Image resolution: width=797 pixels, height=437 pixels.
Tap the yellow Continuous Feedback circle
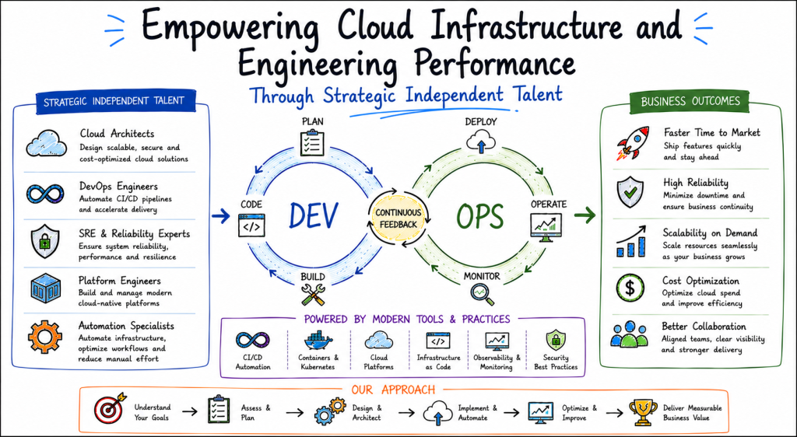click(398, 218)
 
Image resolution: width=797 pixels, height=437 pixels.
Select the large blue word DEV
click(313, 215)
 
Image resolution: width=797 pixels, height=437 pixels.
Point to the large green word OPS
click(479, 215)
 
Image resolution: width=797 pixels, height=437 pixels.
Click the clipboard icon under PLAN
click(312, 143)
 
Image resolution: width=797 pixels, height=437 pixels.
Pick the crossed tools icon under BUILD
click(313, 295)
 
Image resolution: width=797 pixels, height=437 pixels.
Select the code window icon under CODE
click(251, 225)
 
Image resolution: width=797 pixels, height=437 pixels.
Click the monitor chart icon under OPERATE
click(546, 226)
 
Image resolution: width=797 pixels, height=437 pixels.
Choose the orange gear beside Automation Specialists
click(45, 337)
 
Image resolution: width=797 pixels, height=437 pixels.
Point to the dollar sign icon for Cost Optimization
click(630, 288)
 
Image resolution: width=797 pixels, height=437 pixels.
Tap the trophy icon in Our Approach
click(643, 412)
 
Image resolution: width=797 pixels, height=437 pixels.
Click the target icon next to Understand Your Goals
click(110, 408)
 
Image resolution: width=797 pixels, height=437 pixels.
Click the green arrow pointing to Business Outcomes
click(585, 215)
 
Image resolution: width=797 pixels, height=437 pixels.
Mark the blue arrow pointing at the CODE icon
click(221, 217)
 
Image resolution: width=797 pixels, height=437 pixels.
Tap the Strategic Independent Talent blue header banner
click(114, 101)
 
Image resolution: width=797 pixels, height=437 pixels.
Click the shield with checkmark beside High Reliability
click(630, 192)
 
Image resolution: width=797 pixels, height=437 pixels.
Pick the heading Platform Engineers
click(119, 281)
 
